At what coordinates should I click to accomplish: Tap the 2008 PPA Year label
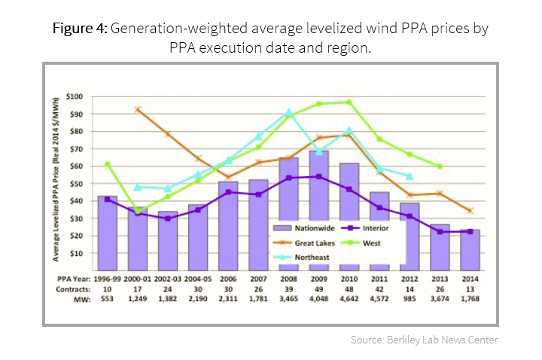coord(288,278)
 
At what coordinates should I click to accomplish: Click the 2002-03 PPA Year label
coord(168,278)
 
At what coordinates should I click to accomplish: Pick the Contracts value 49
coord(318,289)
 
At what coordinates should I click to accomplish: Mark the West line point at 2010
coord(349,102)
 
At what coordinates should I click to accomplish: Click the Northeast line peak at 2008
coord(288,113)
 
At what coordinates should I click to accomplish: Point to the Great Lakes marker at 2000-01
coord(138,109)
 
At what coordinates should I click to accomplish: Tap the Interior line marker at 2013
coord(440,232)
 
